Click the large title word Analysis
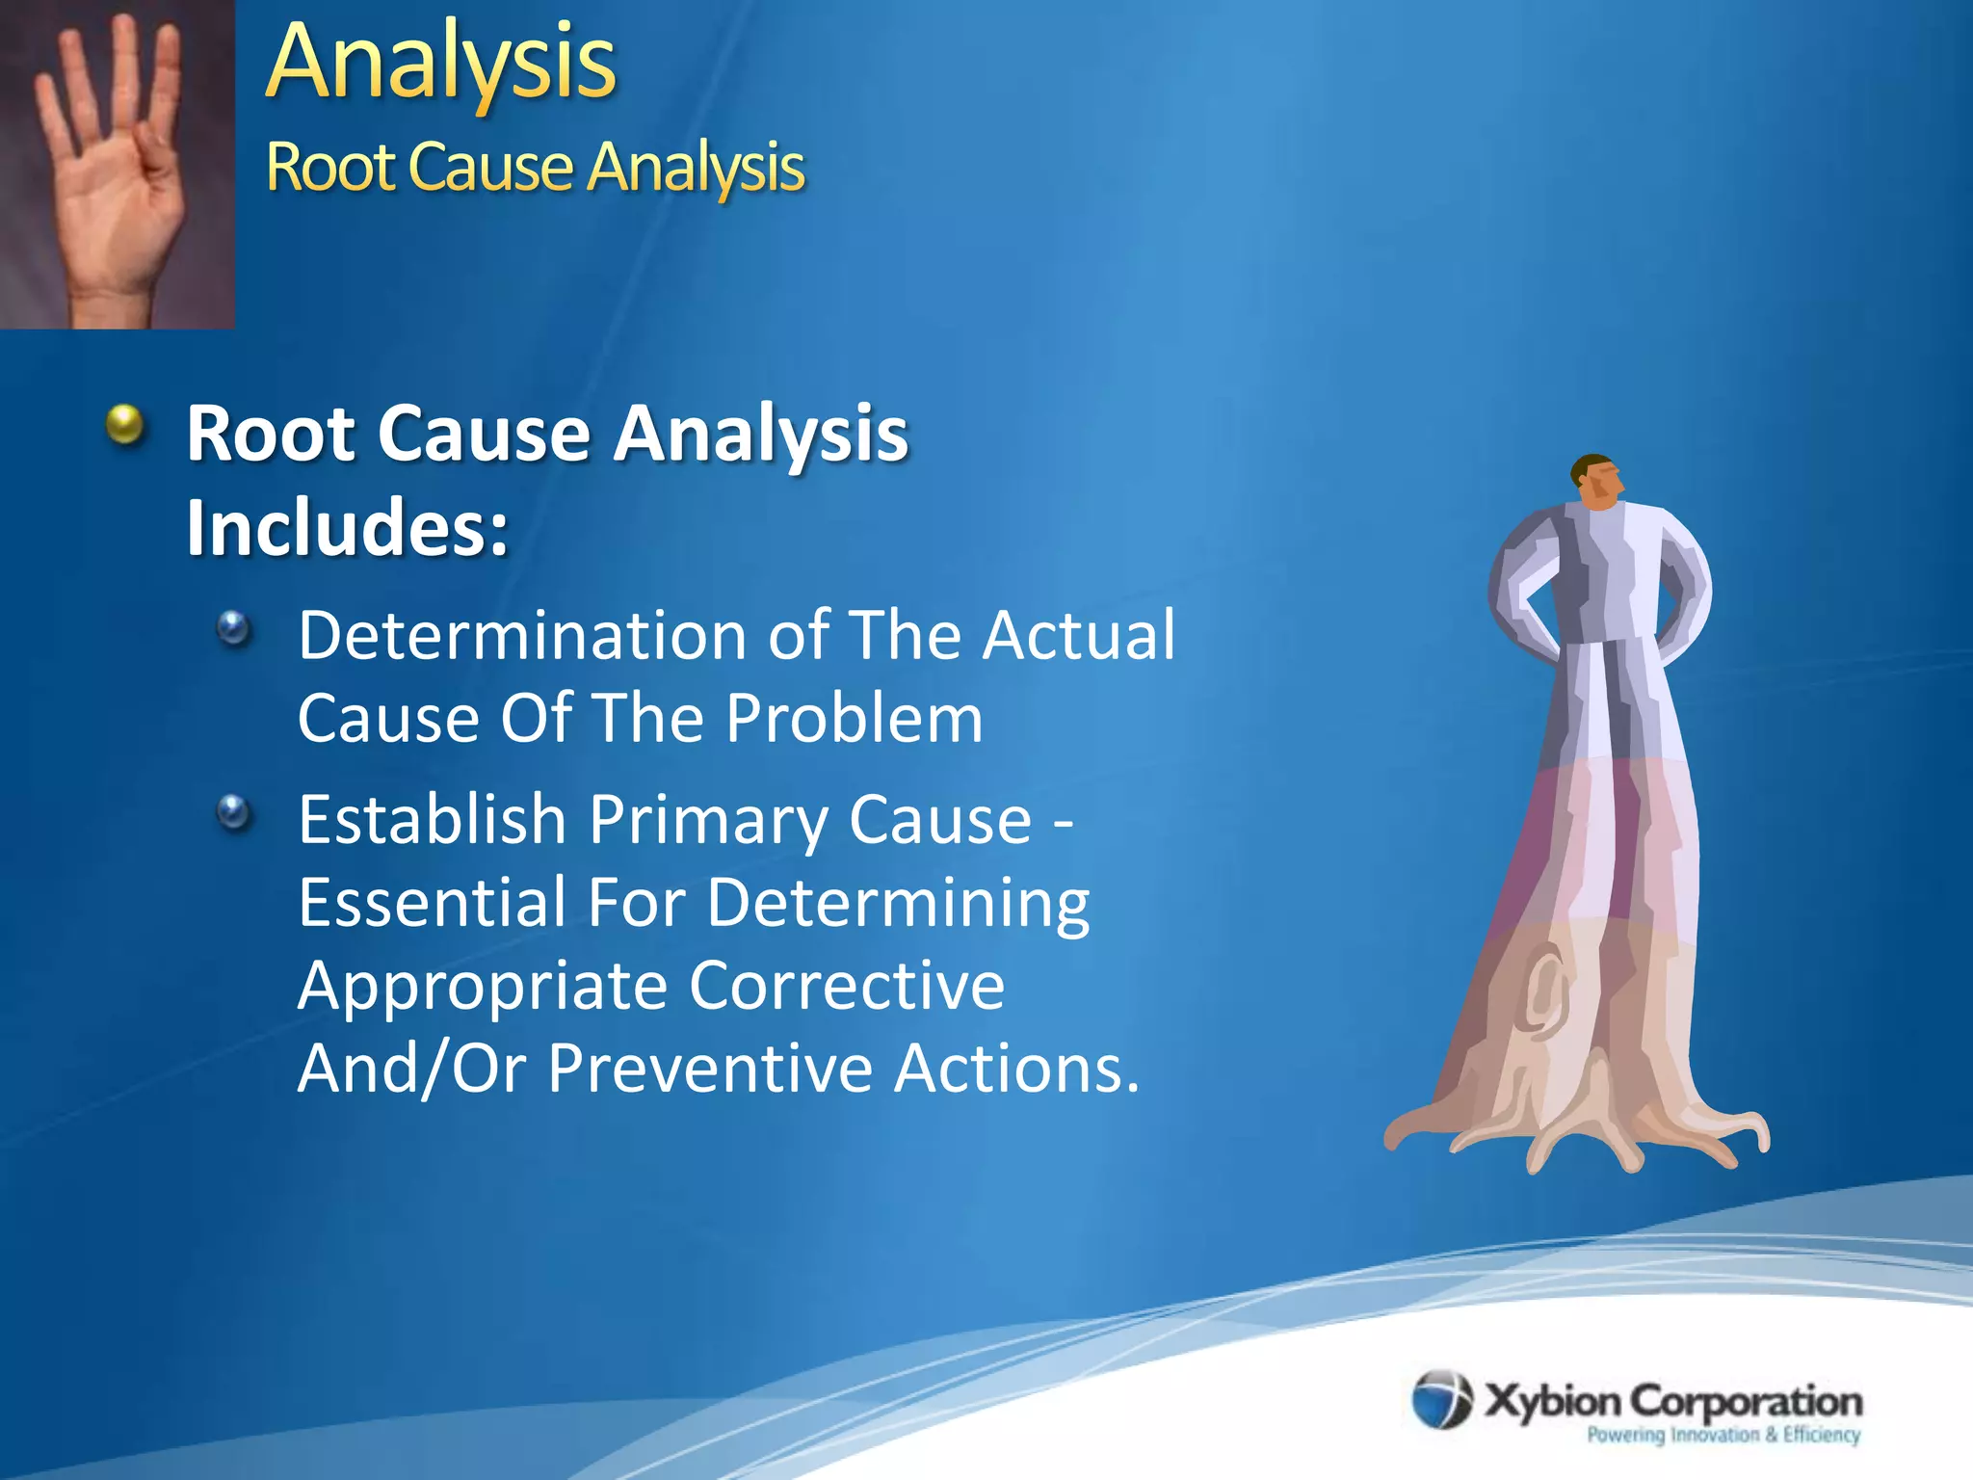[x=440, y=64]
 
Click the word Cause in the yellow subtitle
[x=490, y=168]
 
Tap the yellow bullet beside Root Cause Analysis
[x=124, y=424]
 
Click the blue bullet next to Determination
[x=233, y=630]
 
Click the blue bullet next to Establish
[x=233, y=813]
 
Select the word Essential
[x=432, y=903]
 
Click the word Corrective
[x=847, y=986]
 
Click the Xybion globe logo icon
[x=1441, y=1398]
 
